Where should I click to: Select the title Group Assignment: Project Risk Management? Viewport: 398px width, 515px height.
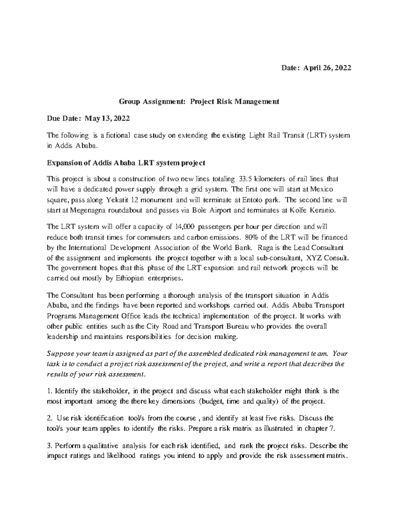tap(199, 102)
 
